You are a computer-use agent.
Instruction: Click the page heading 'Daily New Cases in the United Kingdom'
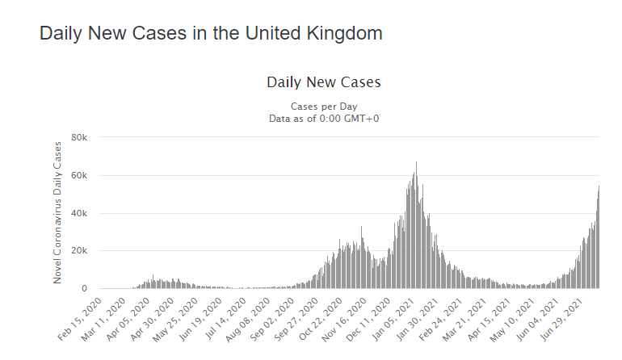(x=211, y=34)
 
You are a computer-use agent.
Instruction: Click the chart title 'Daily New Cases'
(x=323, y=82)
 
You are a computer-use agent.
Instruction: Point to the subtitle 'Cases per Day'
(x=323, y=107)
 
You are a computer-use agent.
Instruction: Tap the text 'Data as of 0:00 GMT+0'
(x=323, y=118)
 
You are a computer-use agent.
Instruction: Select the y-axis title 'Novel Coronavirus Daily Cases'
(x=57, y=212)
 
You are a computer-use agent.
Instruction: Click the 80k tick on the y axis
(x=79, y=137)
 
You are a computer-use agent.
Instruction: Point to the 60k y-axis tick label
(x=79, y=175)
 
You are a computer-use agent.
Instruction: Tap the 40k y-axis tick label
(x=79, y=213)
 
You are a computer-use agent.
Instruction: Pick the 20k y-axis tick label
(x=79, y=251)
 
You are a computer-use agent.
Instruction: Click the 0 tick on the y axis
(x=84, y=289)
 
